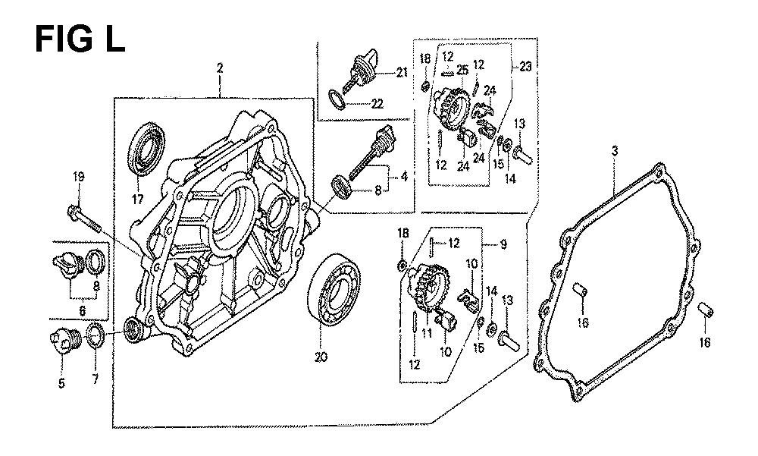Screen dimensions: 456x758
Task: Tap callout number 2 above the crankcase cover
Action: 220,69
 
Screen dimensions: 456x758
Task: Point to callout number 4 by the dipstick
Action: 404,177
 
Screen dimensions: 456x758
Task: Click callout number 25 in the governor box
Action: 462,71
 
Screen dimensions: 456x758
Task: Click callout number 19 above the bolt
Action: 79,178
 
